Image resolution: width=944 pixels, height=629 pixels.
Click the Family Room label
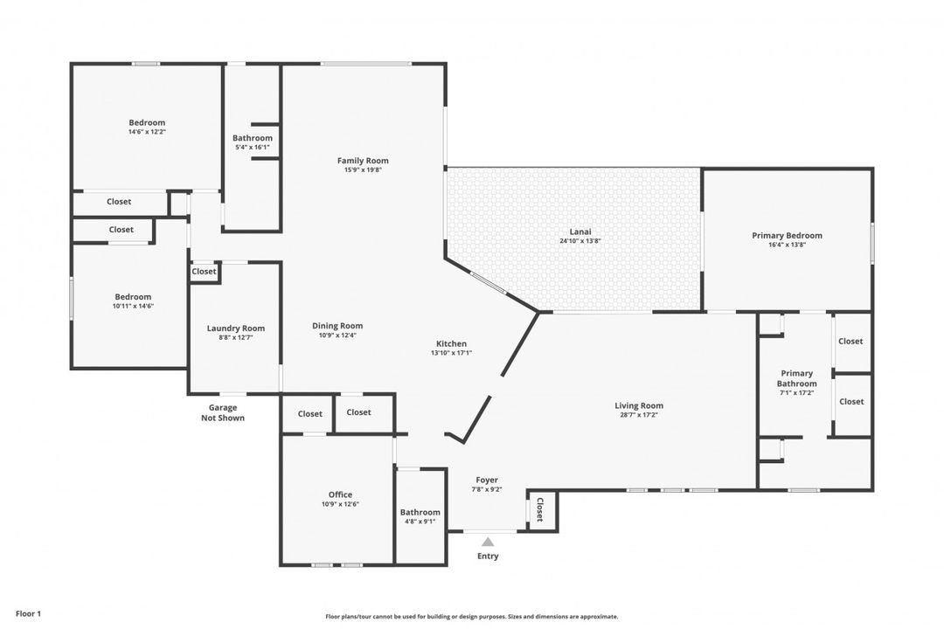[363, 161]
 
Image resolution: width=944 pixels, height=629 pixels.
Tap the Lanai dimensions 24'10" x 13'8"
[574, 241]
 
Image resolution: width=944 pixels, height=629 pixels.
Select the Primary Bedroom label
[787, 236]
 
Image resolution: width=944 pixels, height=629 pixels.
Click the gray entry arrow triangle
[488, 543]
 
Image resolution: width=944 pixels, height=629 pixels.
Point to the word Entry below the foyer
[488, 556]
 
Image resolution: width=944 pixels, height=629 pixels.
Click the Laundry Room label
[235, 328]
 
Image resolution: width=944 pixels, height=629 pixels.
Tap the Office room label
[340, 494]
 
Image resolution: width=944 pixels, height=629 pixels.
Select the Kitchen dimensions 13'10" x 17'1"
[451, 353]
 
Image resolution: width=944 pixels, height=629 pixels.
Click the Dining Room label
[337, 326]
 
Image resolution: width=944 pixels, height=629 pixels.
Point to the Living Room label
[639, 405]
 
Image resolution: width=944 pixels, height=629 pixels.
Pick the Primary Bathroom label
[796, 378]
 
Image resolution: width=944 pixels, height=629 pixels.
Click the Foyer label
[487, 480]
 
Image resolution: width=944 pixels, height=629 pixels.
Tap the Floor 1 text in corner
[28, 614]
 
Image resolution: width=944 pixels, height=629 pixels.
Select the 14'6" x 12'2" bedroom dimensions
[147, 132]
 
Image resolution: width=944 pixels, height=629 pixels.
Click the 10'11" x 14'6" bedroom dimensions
[133, 306]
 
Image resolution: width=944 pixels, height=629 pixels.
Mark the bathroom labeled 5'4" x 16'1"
[252, 148]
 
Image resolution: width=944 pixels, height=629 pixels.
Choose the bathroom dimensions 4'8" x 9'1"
[420, 522]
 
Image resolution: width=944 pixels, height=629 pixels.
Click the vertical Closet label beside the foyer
[539, 509]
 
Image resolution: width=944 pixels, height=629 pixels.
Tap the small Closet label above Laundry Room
[204, 272]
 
